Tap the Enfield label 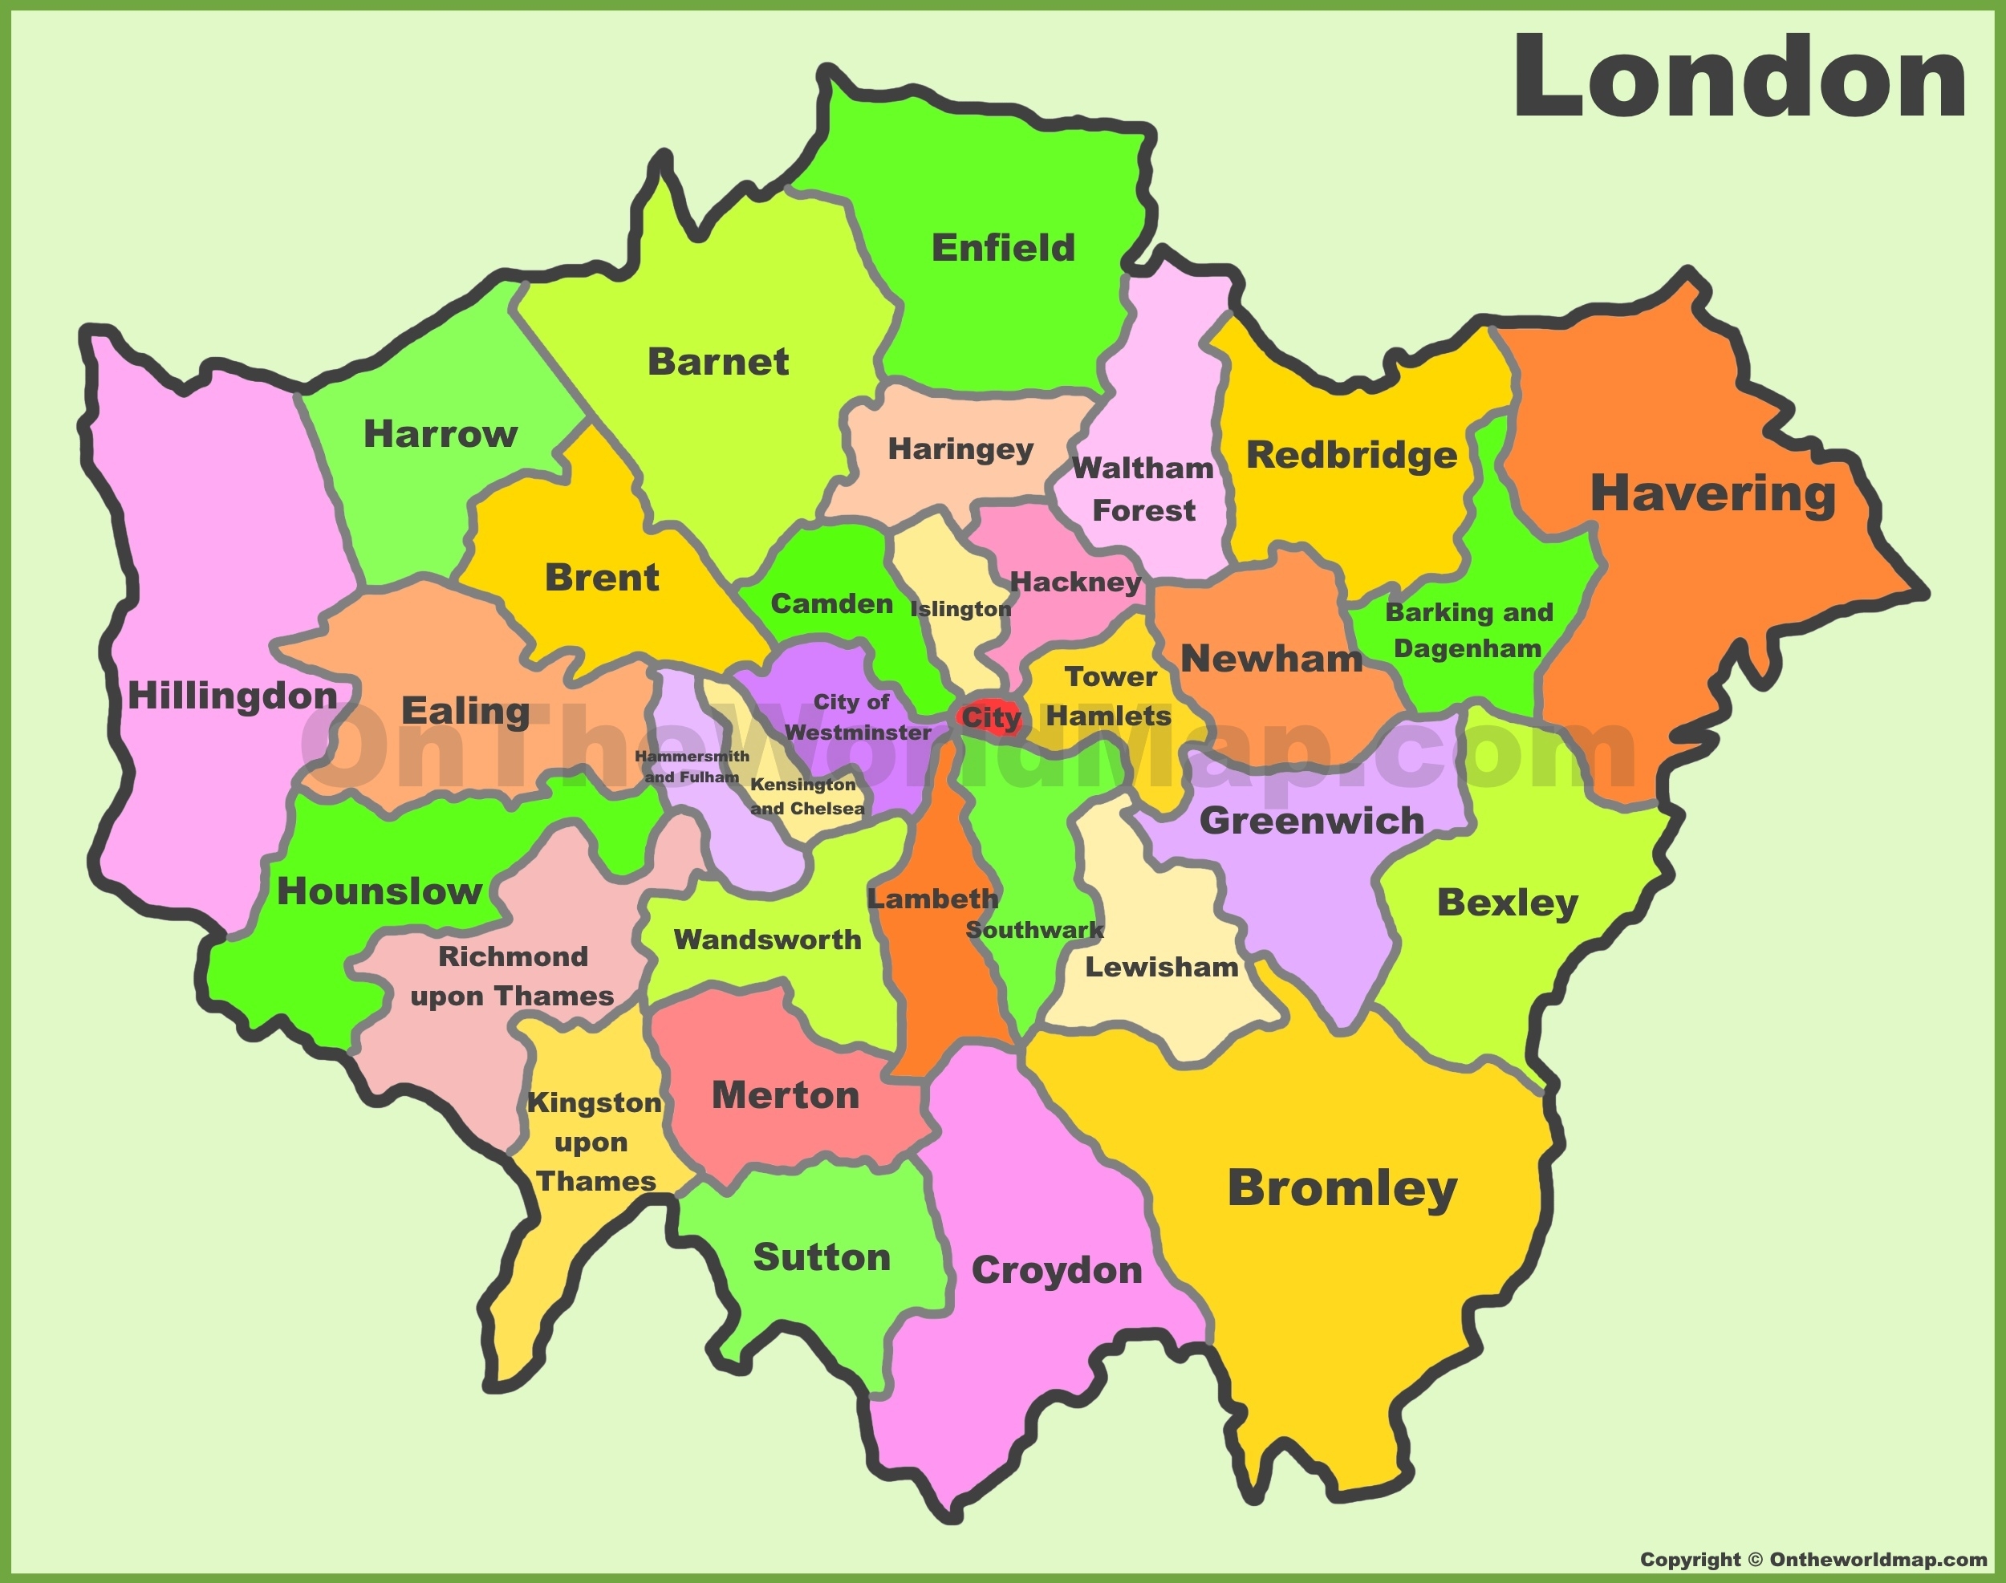[1003, 249]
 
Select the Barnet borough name [717, 362]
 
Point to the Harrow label [441, 434]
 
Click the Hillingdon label [232, 696]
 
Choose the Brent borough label [602, 578]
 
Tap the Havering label [1713, 493]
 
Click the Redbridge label [1351, 455]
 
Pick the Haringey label [960, 449]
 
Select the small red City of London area [990, 716]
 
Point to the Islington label [960, 609]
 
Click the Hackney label [1075, 582]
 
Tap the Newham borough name [1271, 659]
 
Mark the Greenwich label [1312, 820]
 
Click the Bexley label [1507, 903]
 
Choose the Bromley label [1342, 1188]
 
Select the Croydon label [1057, 1271]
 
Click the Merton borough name [786, 1095]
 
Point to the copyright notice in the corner [1813, 1560]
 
